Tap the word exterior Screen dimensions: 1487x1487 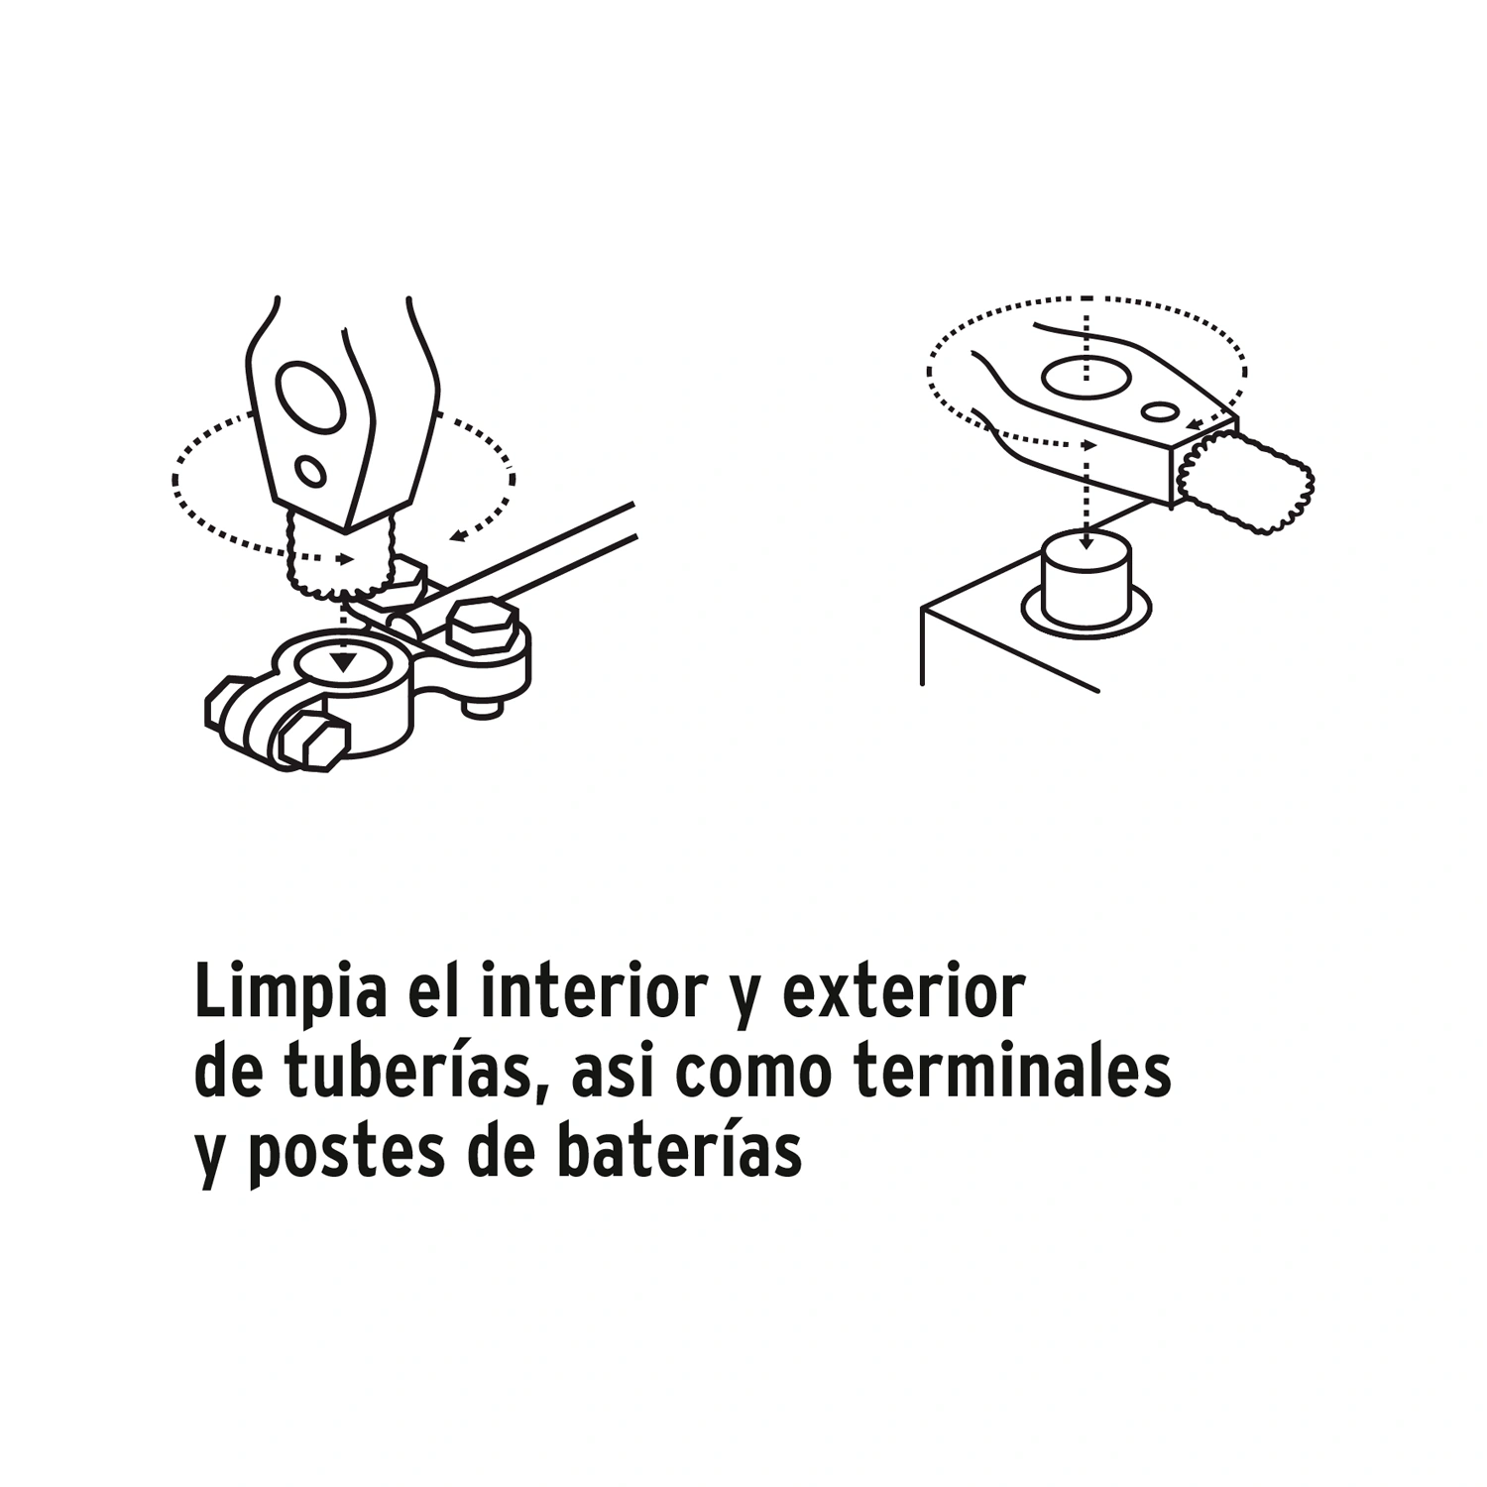(904, 992)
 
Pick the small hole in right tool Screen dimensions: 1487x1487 (1159, 410)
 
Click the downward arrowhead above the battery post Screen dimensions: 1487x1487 (1087, 541)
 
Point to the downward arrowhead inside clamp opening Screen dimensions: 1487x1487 (343, 662)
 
